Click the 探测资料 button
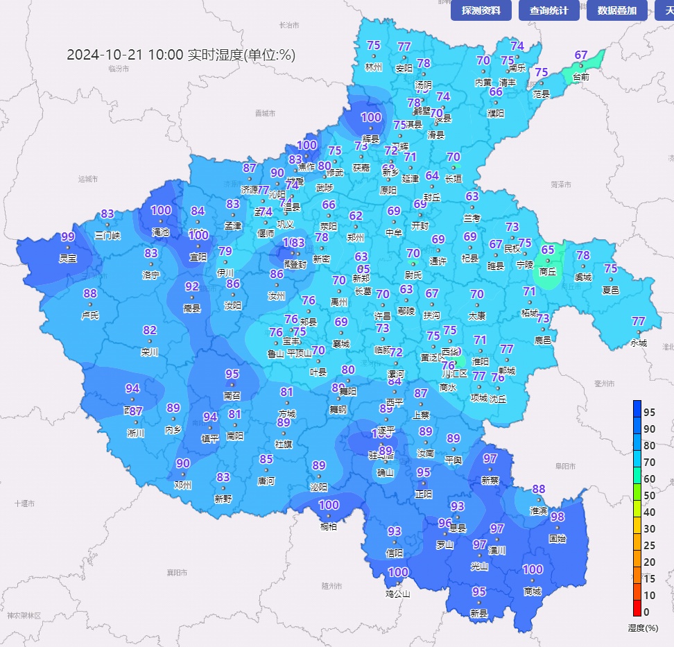tap(481, 10)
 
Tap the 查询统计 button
tap(548, 10)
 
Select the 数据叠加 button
tap(616, 10)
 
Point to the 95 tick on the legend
tap(649, 413)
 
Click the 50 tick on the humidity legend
tap(649, 496)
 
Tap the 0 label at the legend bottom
tap(646, 612)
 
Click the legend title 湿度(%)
tap(642, 628)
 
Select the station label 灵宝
tap(68, 258)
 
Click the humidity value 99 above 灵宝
tap(68, 237)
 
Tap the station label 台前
tap(581, 77)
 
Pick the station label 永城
tap(639, 343)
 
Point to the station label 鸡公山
tap(398, 594)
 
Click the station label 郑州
tap(356, 237)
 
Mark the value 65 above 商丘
tap(548, 250)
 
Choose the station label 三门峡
tap(107, 235)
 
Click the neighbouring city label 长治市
tap(288, 25)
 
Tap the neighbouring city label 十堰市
tap(24, 503)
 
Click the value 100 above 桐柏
tap(329, 506)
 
